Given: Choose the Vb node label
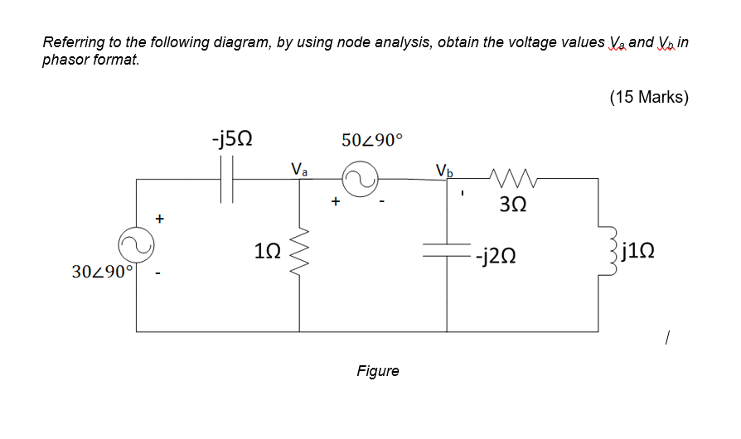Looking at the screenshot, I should click(445, 171).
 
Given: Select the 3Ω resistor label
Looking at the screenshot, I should click(511, 204).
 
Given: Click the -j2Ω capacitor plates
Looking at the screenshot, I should click(448, 251).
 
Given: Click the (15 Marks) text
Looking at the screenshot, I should click(648, 97).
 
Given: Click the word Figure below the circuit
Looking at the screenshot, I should click(377, 371).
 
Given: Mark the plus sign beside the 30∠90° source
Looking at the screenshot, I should click(161, 219).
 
